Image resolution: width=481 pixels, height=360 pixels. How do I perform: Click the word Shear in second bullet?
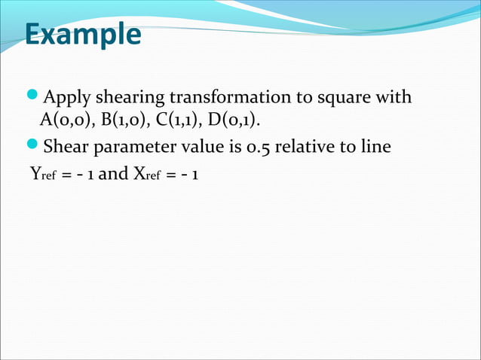[x=66, y=147]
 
